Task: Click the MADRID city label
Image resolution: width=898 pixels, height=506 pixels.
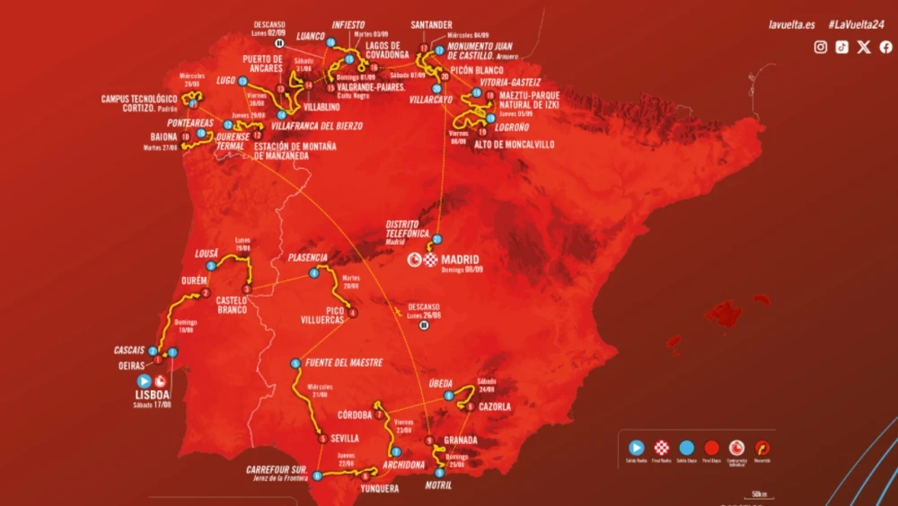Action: point(460,260)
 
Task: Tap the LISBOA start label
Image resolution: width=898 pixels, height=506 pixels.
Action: point(154,394)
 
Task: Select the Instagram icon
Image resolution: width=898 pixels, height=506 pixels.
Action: point(820,48)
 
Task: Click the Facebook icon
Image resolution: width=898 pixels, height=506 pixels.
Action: point(885,48)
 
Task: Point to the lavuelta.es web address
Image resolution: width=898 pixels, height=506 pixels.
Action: point(792,24)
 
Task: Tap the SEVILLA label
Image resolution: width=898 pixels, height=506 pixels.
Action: point(345,439)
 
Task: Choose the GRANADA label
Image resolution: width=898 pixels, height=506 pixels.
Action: point(461,440)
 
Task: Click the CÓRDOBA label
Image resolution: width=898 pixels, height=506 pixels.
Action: point(356,415)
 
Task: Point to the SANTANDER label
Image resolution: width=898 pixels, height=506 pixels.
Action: point(430,24)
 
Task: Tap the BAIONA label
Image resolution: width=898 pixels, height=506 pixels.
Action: point(158,138)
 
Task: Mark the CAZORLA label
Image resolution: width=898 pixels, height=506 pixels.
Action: point(496,406)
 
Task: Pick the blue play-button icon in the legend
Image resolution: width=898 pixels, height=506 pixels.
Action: point(636,447)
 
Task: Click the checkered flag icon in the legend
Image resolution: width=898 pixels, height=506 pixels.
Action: point(662,447)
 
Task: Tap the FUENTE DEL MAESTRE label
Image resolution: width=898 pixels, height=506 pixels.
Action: point(345,363)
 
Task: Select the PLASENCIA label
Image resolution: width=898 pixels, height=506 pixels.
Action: point(308,257)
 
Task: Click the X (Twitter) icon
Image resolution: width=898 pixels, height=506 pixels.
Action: point(864,48)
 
